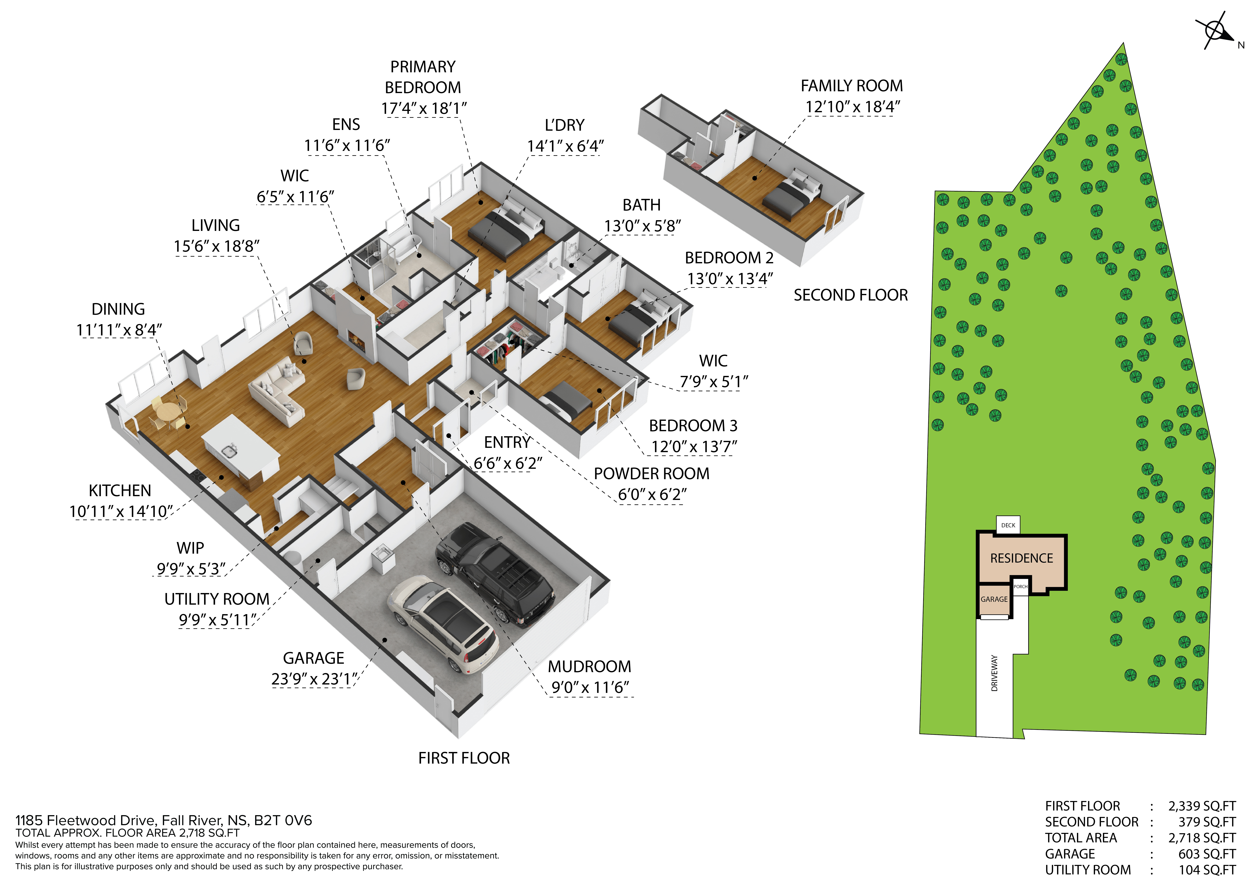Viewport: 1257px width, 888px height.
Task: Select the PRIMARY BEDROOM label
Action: pyautogui.click(x=423, y=77)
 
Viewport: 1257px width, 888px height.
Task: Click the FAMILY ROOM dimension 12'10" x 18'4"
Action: pyautogui.click(x=852, y=107)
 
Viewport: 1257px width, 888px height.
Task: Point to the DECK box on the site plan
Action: pyautogui.click(x=1008, y=525)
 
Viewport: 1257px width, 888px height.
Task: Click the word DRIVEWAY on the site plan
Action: pyautogui.click(x=994, y=673)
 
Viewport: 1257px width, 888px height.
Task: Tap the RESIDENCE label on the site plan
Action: pyautogui.click(x=1022, y=558)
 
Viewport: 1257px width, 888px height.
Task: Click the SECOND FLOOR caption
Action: pyautogui.click(x=851, y=296)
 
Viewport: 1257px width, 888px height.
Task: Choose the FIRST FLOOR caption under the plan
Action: pyautogui.click(x=464, y=758)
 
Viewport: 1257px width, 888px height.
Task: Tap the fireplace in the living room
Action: pyautogui.click(x=357, y=340)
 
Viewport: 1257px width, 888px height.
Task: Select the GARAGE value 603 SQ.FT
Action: pyautogui.click(x=1207, y=854)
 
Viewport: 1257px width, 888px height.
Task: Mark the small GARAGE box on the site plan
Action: pyautogui.click(x=994, y=600)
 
